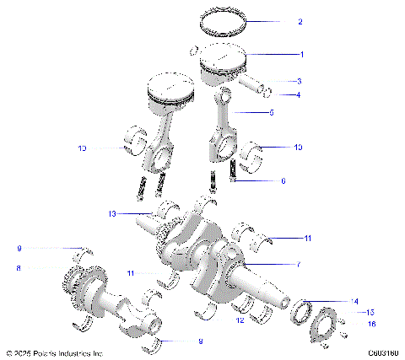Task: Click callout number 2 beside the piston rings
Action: pyautogui.click(x=300, y=22)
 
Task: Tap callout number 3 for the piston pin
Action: pyautogui.click(x=299, y=82)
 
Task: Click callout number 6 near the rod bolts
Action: pyautogui.click(x=283, y=180)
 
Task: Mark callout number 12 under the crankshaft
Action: pyautogui.click(x=240, y=320)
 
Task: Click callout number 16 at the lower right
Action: pyautogui.click(x=369, y=323)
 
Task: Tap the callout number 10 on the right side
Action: pyautogui.click(x=297, y=148)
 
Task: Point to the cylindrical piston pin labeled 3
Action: pyautogui.click(x=254, y=86)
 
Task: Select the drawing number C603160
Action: pyautogui.click(x=383, y=352)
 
